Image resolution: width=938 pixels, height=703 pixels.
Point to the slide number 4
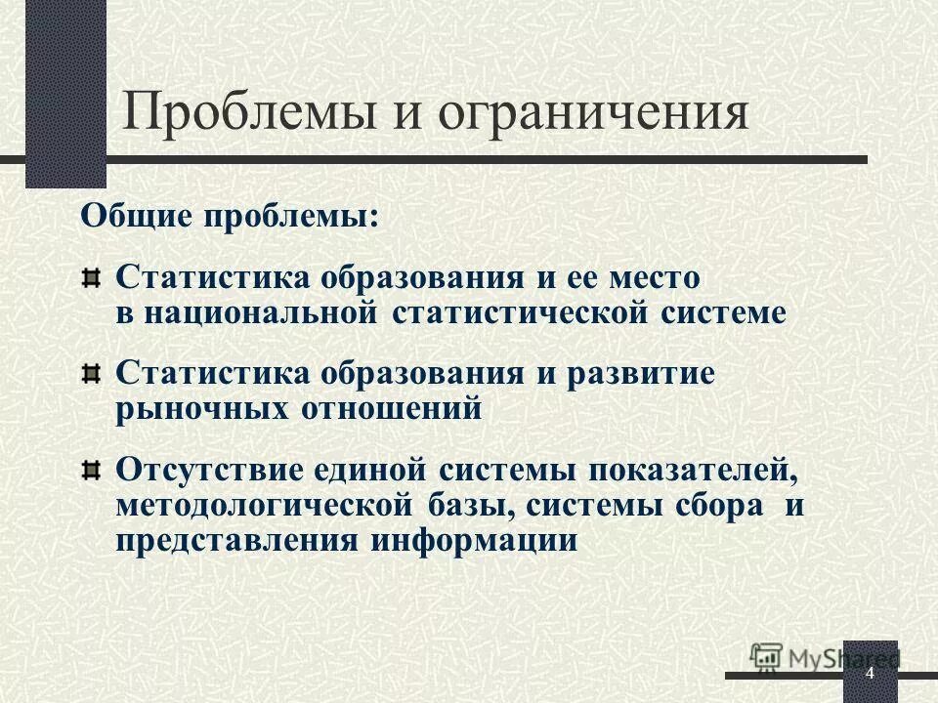click(869, 677)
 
